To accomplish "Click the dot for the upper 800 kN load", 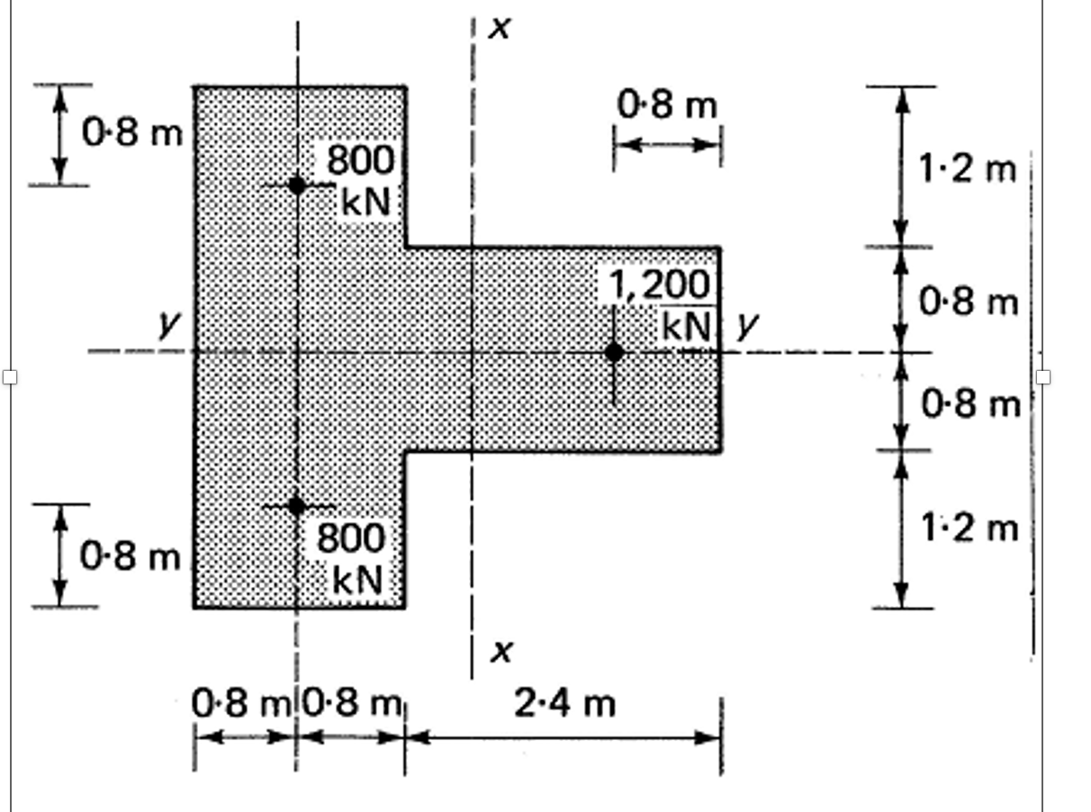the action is tap(296, 185).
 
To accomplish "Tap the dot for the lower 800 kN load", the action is tap(296, 506).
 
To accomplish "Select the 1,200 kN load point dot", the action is tap(614, 352).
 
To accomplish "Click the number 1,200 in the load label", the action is tap(661, 285).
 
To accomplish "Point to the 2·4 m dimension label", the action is tap(565, 703).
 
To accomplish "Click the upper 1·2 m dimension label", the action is tap(967, 168).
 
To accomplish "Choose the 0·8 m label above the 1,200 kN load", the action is tap(667, 105).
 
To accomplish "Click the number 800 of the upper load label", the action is tap(360, 161).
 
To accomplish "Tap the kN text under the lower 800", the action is tap(358, 580).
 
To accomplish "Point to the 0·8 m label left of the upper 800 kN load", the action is tap(131, 133).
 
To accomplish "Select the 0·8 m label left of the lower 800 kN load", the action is tap(131, 556).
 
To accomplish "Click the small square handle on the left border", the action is tap(10, 376).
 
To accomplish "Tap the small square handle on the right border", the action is tap(1043, 376).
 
